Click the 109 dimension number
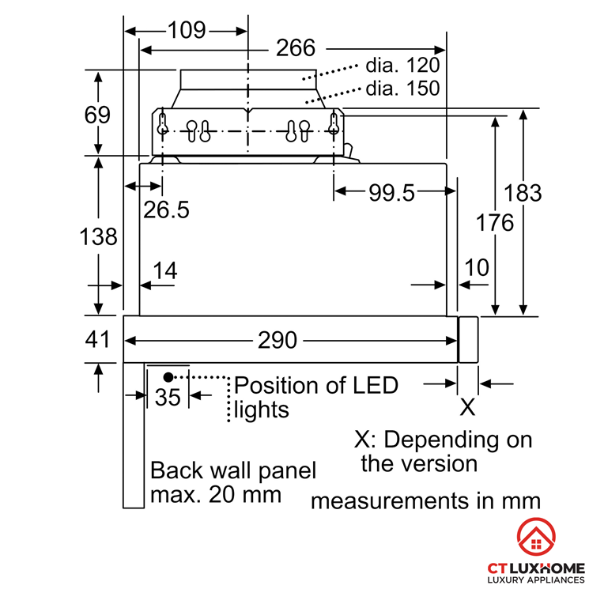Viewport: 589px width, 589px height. (187, 30)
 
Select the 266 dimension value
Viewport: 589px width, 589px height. (296, 48)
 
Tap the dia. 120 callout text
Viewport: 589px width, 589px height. (402, 66)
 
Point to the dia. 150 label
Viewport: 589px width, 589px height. (402, 89)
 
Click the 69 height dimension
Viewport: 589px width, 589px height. (97, 115)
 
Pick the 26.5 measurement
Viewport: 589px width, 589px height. (166, 210)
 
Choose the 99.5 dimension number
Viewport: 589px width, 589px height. (391, 193)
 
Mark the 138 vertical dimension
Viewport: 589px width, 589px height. (98, 236)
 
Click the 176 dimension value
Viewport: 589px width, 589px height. (495, 222)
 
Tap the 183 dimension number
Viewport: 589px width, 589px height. (523, 193)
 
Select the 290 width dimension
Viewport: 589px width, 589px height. (278, 340)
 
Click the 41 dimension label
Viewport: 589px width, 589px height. (97, 339)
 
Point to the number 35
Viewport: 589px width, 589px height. (168, 397)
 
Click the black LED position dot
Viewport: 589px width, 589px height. (168, 377)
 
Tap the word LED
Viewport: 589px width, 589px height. (375, 385)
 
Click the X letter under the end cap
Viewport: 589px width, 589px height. (468, 407)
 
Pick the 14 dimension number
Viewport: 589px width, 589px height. (165, 270)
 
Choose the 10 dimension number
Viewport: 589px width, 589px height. (477, 267)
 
